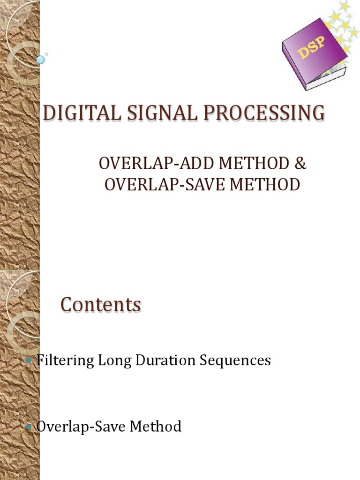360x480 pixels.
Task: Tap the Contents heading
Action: coord(101,305)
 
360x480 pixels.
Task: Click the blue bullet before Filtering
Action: coord(30,360)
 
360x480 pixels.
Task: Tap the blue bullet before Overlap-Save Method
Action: coord(30,427)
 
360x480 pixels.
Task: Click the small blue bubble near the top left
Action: coord(41,60)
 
